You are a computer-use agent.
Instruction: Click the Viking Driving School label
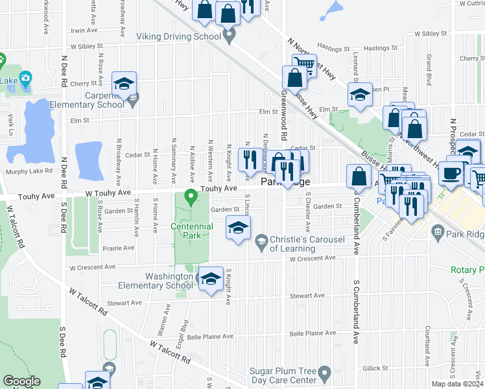click(x=178, y=37)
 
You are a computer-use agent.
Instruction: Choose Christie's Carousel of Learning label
click(x=302, y=244)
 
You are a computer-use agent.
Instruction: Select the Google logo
click(x=21, y=381)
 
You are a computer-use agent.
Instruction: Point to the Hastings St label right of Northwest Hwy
click(x=381, y=49)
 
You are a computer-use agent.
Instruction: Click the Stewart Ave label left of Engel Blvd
click(x=124, y=303)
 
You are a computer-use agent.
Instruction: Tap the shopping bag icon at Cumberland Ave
click(x=359, y=176)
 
